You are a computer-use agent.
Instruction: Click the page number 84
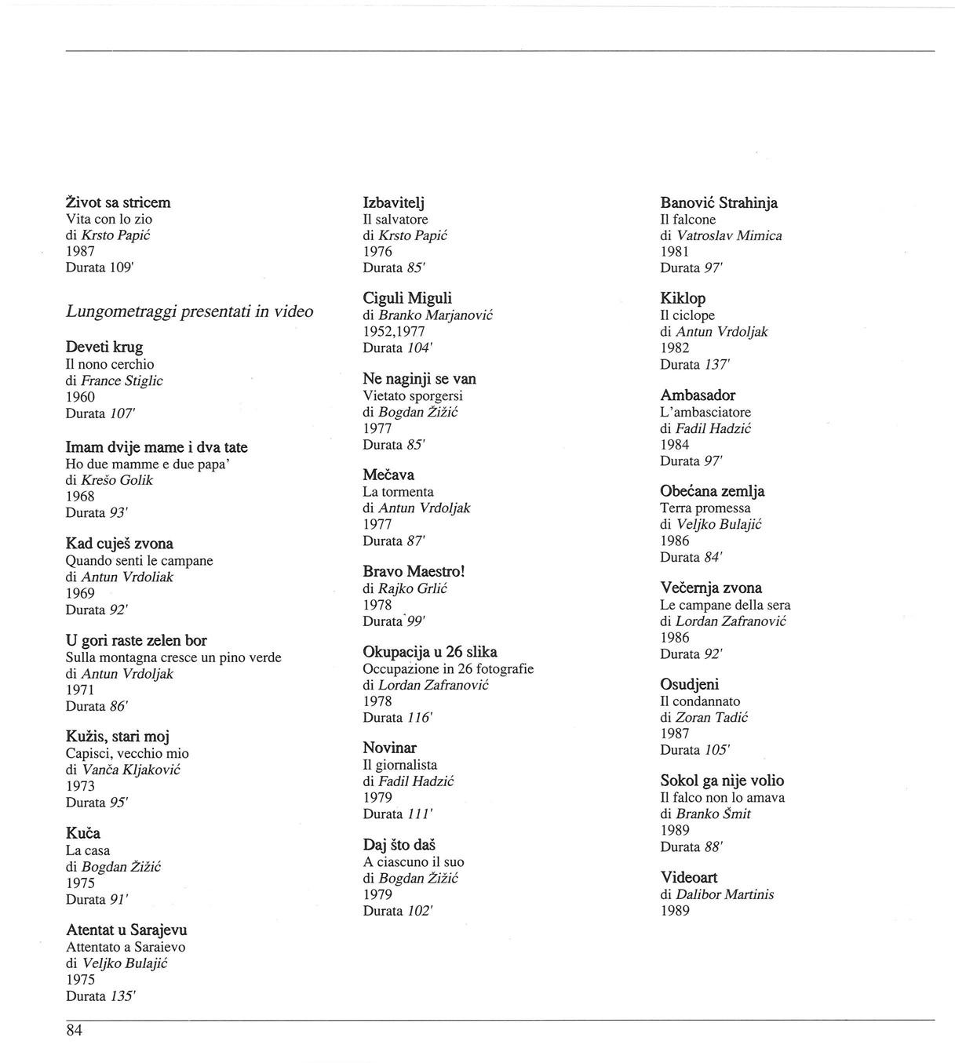click(74, 1031)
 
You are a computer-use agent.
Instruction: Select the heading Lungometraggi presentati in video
click(189, 311)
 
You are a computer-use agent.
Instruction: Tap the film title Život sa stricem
click(118, 202)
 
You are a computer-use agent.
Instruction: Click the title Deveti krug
click(104, 347)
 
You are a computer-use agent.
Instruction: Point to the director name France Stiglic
click(122, 380)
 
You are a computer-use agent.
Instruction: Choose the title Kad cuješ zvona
click(119, 544)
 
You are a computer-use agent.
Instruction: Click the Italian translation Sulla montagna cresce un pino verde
click(173, 657)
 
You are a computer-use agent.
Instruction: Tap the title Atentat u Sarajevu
click(126, 930)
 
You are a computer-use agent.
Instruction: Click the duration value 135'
click(122, 996)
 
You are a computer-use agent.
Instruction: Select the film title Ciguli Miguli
click(407, 298)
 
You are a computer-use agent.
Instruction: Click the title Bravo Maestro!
click(414, 571)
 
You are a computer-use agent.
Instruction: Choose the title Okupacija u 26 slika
click(429, 652)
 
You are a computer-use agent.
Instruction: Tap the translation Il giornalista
click(399, 765)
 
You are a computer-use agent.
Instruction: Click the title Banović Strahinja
click(719, 202)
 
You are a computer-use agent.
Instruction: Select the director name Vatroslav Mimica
click(729, 235)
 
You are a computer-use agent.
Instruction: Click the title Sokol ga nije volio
click(722, 781)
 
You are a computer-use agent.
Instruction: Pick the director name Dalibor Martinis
click(724, 894)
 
